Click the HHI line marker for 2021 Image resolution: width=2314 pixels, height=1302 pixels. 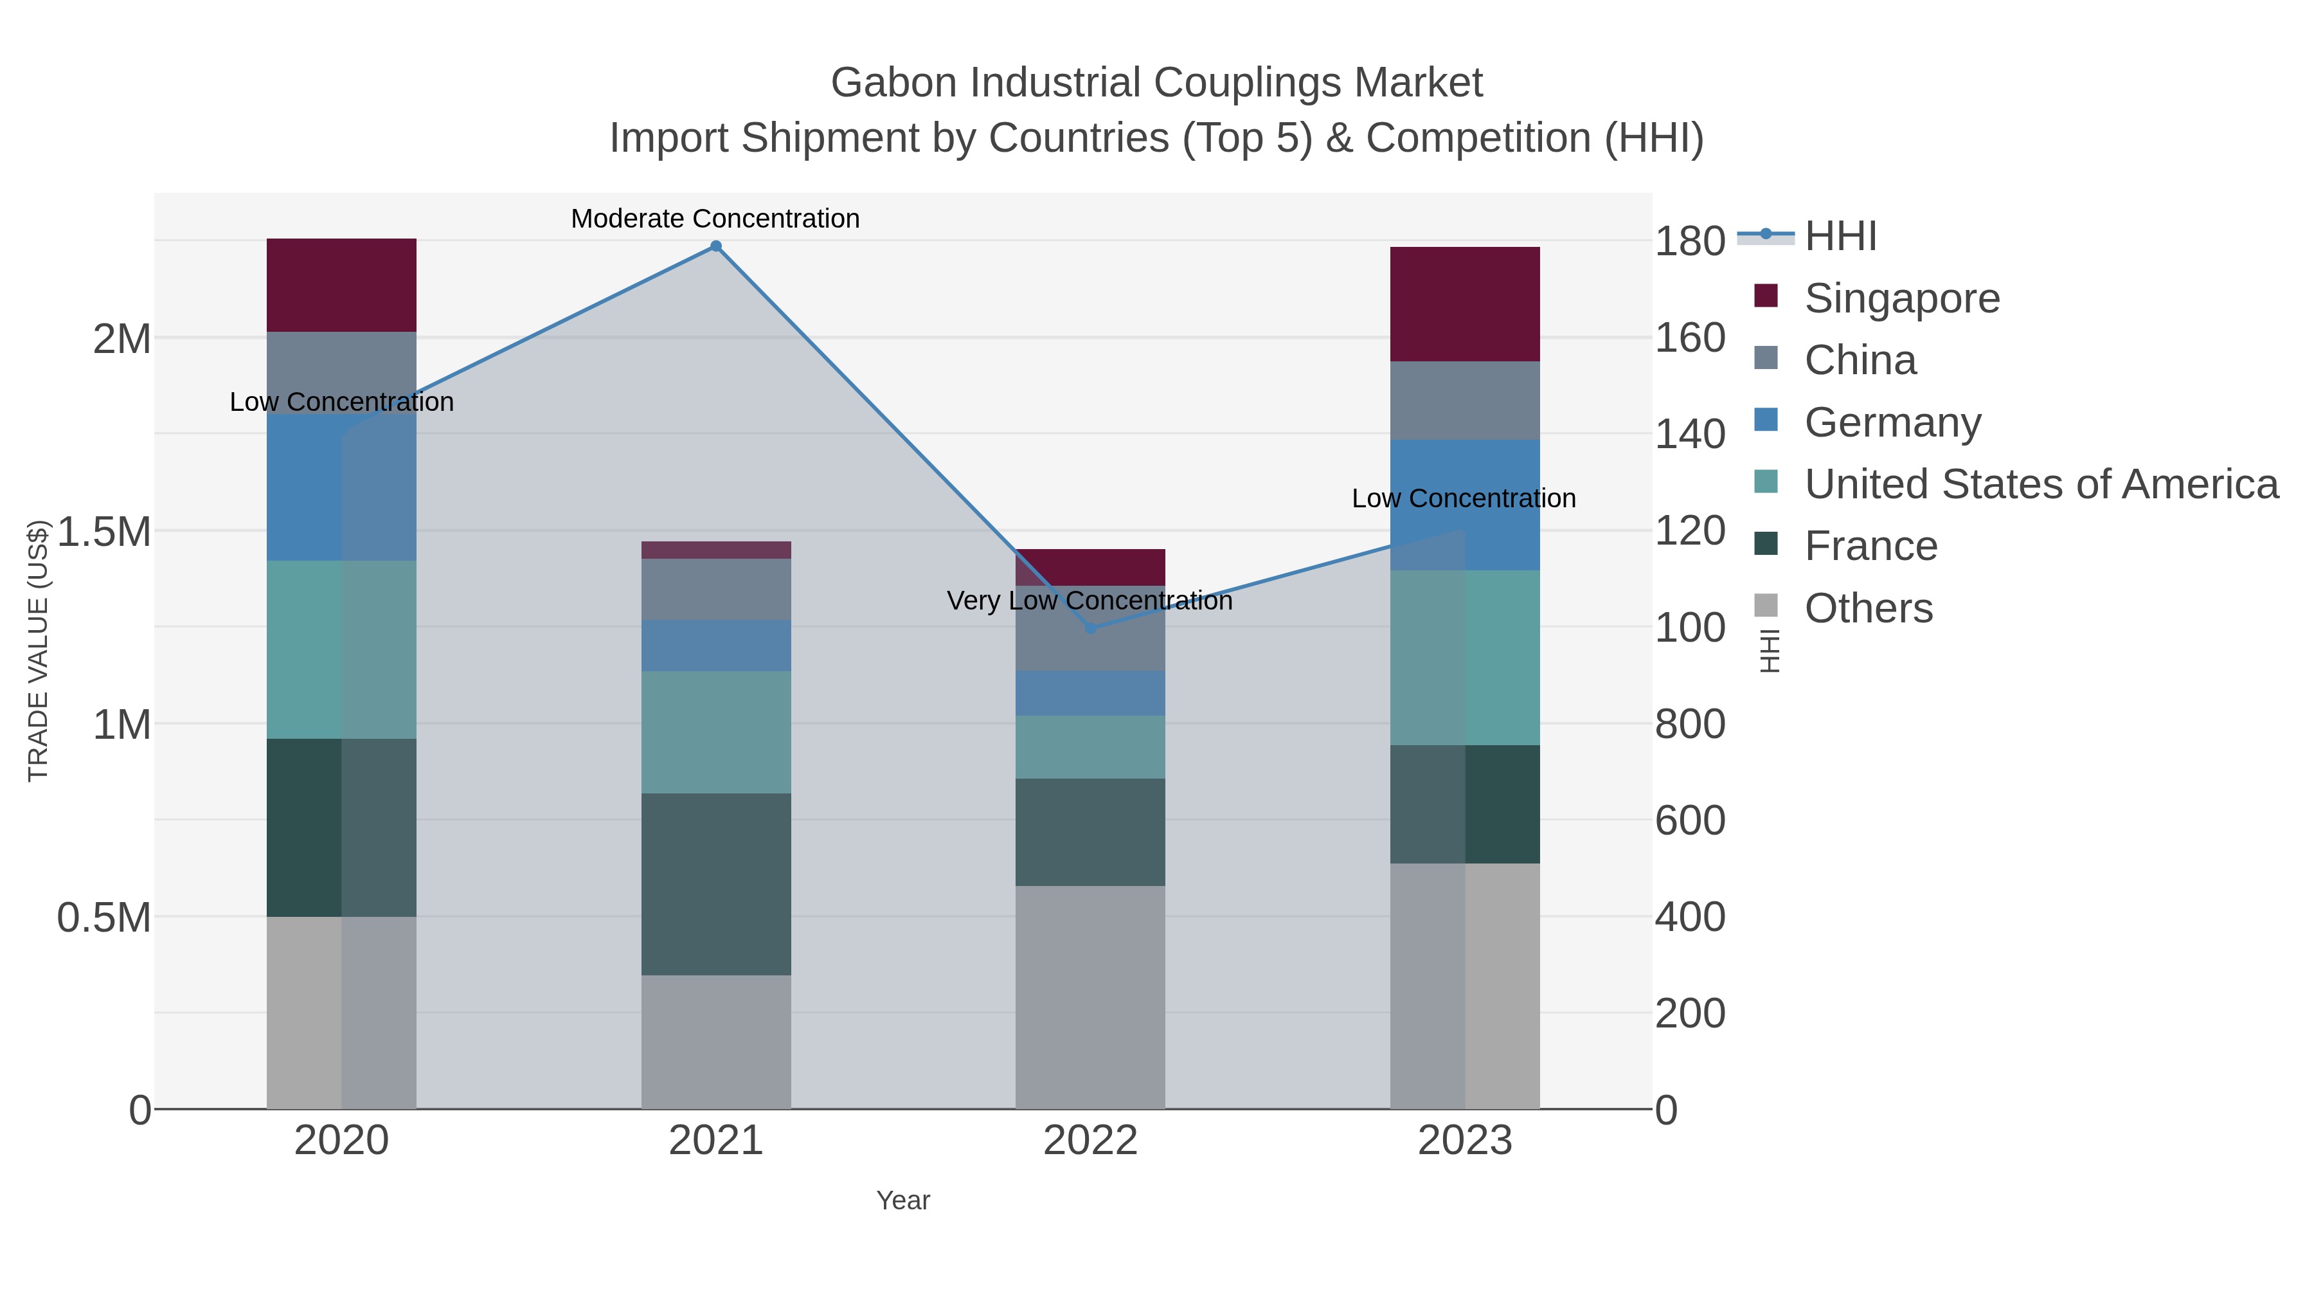(x=716, y=246)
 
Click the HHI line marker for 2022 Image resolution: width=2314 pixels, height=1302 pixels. (x=1091, y=628)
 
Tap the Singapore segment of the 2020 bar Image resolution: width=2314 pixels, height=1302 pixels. (x=341, y=285)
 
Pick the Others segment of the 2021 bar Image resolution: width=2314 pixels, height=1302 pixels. (x=716, y=1042)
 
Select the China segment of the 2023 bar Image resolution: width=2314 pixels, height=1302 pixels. (x=1464, y=400)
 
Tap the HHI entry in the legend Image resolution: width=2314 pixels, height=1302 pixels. (x=1840, y=237)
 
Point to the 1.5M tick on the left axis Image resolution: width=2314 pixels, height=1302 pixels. (x=104, y=532)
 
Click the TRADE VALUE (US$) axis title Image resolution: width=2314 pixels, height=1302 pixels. (x=38, y=651)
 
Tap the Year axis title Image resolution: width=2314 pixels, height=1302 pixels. (x=903, y=1200)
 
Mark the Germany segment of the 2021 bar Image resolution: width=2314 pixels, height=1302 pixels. (x=716, y=645)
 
